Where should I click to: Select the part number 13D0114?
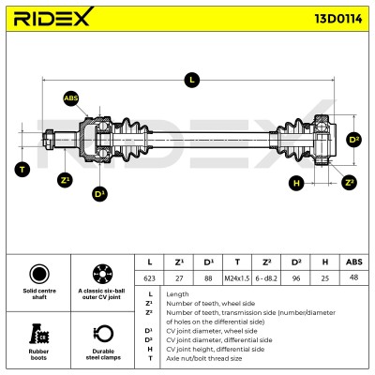[x=338, y=19]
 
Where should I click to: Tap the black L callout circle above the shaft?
[x=192, y=80]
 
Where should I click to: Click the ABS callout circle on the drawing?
[x=71, y=98]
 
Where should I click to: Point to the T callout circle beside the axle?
[x=22, y=170]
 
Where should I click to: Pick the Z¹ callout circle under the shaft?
[x=65, y=180]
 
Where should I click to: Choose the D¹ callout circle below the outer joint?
[x=99, y=194]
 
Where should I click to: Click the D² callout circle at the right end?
[x=353, y=140]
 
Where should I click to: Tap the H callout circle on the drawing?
[x=296, y=183]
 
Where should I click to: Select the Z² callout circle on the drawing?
[x=349, y=183]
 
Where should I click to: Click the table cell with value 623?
[x=149, y=277]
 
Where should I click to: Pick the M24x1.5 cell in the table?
[x=237, y=277]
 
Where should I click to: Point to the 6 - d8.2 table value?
[x=266, y=277]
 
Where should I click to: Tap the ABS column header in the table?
[x=354, y=262]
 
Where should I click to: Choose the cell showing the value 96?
[x=295, y=277]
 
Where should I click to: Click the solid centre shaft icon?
[x=39, y=274]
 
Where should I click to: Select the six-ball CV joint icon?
[x=102, y=274]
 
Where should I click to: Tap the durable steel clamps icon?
[x=103, y=335]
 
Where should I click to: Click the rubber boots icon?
[x=39, y=334]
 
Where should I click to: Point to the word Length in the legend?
[x=177, y=294]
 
